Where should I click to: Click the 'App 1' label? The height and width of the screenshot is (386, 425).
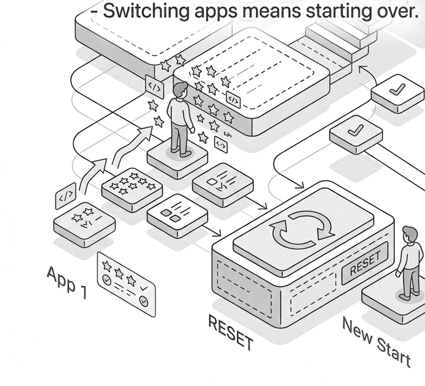(x=67, y=282)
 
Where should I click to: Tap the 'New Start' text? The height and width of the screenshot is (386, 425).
(x=376, y=342)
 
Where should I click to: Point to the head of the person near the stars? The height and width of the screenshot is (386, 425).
(x=180, y=90)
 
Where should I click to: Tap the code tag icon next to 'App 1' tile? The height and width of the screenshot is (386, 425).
(x=66, y=196)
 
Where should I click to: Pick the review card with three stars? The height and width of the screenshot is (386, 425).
(x=126, y=284)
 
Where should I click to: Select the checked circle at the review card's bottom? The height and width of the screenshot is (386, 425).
(x=144, y=301)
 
